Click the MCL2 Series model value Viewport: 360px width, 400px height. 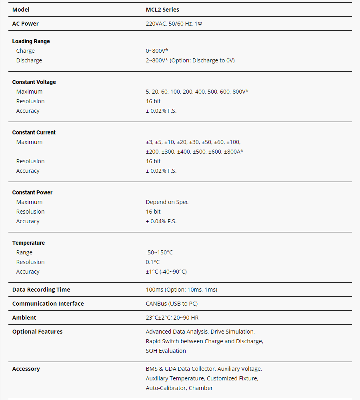pyautogui.click(x=162, y=10)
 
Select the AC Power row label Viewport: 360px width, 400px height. pyautogui.click(x=25, y=24)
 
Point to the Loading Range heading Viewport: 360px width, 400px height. pyautogui.click(x=31, y=41)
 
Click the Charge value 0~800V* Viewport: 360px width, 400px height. pyautogui.click(x=157, y=51)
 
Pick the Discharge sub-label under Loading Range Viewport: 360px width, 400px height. pyautogui.click(x=29, y=60)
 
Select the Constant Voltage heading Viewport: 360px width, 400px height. pyautogui.click(x=34, y=82)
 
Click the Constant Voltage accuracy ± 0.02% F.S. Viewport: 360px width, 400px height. pyautogui.click(x=161, y=111)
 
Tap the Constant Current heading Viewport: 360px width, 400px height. pyautogui.click(x=34, y=132)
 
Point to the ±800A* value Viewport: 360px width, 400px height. pyautogui.click(x=234, y=152)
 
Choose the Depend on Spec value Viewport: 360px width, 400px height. pyautogui.click(x=167, y=202)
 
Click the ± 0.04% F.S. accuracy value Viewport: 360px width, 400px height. pyautogui.click(x=161, y=221)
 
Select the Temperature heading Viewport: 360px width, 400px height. pyautogui.click(x=28, y=243)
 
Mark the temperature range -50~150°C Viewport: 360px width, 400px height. pyautogui.click(x=159, y=252)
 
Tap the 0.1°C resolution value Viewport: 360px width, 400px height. pyautogui.click(x=152, y=262)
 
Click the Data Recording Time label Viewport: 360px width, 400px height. pyautogui.click(x=41, y=290)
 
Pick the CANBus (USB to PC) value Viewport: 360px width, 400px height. pyautogui.click(x=172, y=304)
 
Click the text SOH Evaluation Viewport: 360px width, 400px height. pyautogui.click(x=166, y=351)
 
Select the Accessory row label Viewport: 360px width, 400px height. pyautogui.click(x=26, y=369)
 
